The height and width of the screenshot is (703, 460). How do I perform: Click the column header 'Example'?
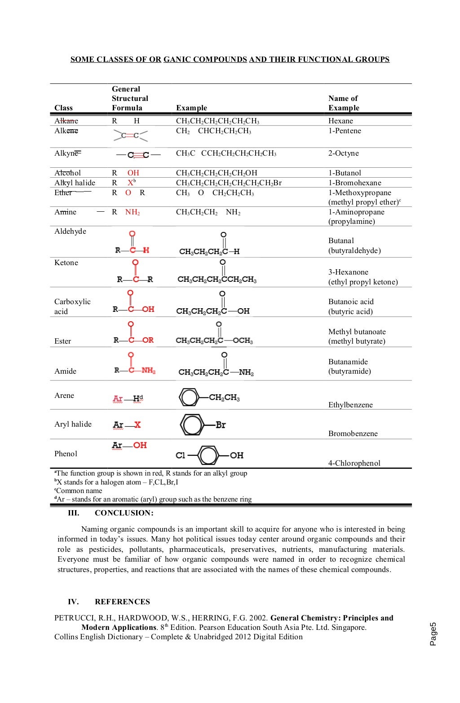191,108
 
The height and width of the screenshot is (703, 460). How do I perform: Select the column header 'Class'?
63,108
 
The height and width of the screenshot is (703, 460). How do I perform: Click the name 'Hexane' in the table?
341,121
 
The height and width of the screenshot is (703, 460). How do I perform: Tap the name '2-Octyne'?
343,153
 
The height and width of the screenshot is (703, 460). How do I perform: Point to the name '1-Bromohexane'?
354,183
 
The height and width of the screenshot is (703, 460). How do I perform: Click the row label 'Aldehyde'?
70,231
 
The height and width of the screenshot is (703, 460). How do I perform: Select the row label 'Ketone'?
66,262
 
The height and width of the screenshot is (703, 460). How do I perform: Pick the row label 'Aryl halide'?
73,424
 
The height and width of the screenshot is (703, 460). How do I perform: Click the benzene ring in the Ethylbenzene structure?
189,397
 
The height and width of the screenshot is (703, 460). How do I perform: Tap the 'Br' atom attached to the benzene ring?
221,425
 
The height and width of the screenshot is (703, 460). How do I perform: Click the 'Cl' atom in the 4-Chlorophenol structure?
180,455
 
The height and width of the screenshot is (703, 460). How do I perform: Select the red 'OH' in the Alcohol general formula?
133,173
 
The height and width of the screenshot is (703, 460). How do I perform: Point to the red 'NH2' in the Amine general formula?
132,212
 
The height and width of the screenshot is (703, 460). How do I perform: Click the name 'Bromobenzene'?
353,433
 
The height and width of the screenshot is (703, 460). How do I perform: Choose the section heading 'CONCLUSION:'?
124,513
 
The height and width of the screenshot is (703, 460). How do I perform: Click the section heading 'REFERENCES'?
122,602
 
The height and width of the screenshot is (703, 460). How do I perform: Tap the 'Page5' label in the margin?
433,633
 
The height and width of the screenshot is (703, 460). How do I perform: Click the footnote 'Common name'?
79,490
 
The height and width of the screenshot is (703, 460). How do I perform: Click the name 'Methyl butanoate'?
357,332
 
